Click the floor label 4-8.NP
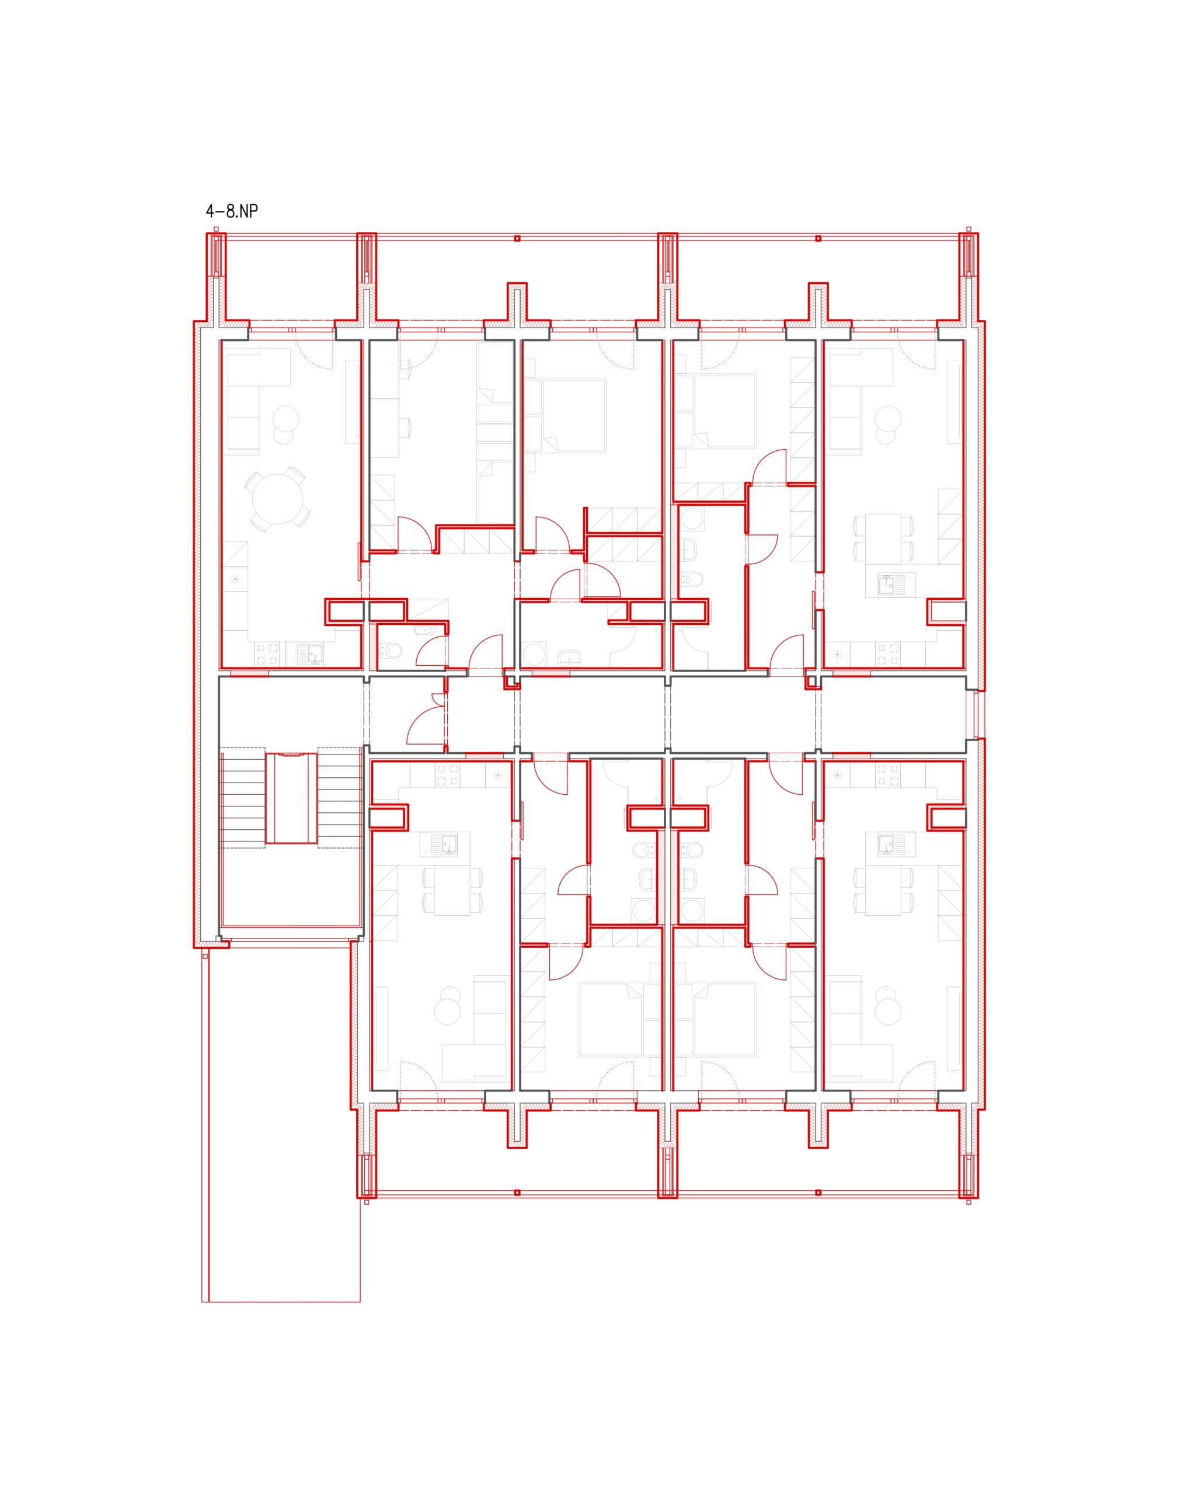pos(232,211)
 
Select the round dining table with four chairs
pos(277,499)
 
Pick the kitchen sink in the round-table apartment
pos(309,654)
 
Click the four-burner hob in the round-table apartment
pos(267,654)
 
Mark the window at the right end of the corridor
pos(978,715)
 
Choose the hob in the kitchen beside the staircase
pos(447,775)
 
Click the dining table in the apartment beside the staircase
pos(452,891)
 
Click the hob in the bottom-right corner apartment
pos(888,775)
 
